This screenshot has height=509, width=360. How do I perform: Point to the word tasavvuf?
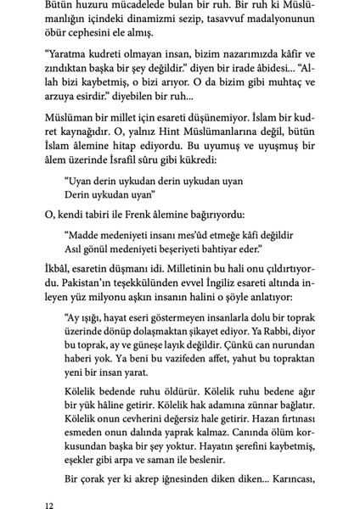click(x=215, y=22)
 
